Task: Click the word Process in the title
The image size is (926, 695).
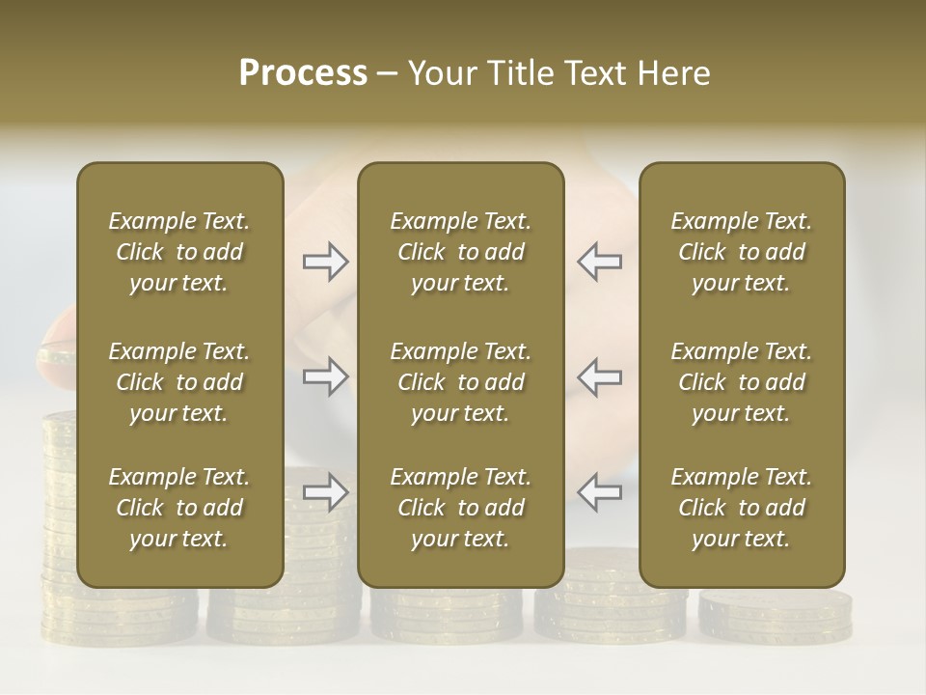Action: tap(303, 73)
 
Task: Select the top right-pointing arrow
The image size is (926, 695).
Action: tap(325, 261)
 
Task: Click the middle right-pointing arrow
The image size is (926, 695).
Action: tap(325, 376)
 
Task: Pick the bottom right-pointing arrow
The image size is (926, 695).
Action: tap(325, 492)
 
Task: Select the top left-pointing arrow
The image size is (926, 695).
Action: tap(599, 261)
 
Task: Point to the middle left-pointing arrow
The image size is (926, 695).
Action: tap(599, 376)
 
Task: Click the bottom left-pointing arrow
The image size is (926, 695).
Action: tap(599, 492)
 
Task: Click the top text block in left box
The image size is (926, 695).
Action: tap(179, 252)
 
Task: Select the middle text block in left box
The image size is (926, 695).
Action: tap(179, 382)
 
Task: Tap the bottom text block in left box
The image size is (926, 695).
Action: tap(179, 508)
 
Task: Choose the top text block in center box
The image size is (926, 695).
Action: tap(461, 252)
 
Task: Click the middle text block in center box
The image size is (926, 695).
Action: tap(461, 382)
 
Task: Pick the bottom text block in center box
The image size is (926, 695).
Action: tap(461, 508)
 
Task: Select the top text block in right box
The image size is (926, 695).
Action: tap(742, 252)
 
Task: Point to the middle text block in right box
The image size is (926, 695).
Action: tap(742, 382)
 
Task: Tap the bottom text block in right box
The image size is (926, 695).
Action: tap(742, 508)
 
